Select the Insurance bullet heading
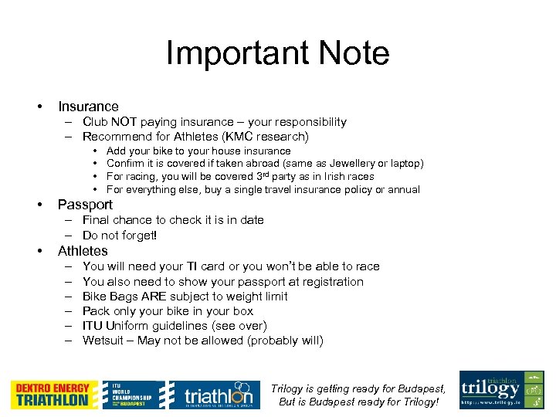tap(88, 107)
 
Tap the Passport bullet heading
tap(85, 205)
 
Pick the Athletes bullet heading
tap(83, 251)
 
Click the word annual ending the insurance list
tap(403, 190)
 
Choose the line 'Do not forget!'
tap(120, 236)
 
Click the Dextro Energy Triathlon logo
tap(54, 395)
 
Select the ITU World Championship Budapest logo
tap(134, 395)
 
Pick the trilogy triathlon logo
tap(501, 390)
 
